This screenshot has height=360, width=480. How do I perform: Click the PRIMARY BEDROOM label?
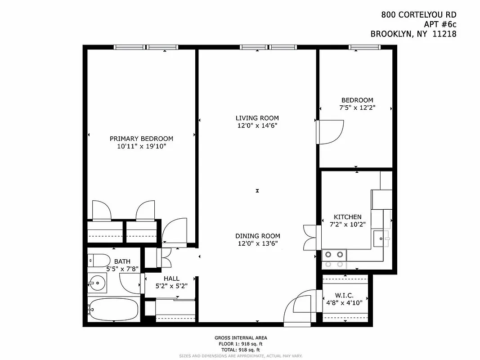click(x=141, y=139)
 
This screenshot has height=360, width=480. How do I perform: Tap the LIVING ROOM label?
click(x=257, y=118)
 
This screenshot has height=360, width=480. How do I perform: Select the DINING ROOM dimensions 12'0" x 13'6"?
click(x=257, y=243)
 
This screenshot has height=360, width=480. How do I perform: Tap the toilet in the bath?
click(x=99, y=261)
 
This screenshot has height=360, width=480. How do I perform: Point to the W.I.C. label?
click(x=345, y=295)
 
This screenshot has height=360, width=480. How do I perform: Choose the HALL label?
click(x=171, y=279)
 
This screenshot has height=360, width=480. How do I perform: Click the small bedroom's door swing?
click(x=329, y=132)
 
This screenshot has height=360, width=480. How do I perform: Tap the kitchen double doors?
click(x=311, y=237)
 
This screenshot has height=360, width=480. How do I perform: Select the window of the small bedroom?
click(x=363, y=47)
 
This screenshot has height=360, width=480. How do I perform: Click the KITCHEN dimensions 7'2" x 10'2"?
click(x=347, y=224)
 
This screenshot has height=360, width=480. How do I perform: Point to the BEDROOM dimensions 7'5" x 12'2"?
click(x=357, y=108)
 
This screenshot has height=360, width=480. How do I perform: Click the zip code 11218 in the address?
click(x=443, y=33)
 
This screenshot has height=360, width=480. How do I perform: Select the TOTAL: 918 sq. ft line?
click(x=240, y=350)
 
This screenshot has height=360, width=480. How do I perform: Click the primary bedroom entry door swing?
click(x=174, y=233)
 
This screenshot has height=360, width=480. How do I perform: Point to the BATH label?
click(x=122, y=261)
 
